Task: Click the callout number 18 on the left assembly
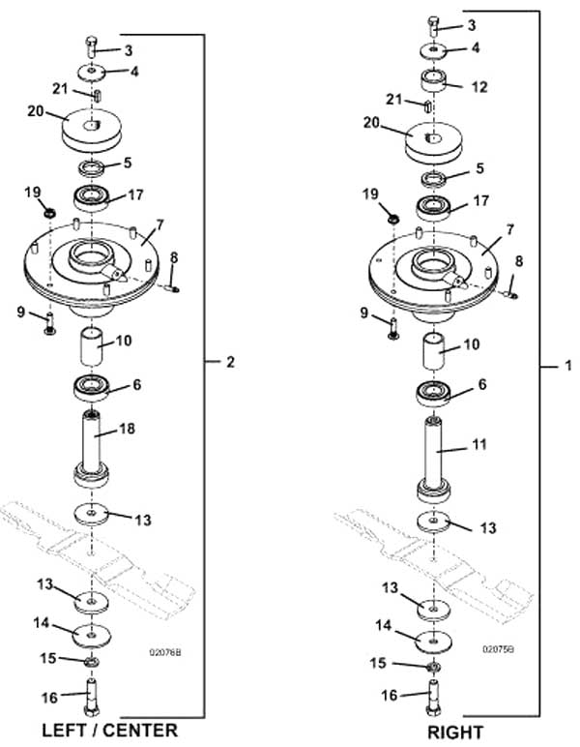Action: [x=127, y=429]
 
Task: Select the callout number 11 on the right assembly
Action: [x=479, y=444]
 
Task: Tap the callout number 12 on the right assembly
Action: [x=479, y=87]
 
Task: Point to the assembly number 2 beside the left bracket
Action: [x=230, y=362]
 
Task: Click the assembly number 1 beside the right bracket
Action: [x=567, y=366]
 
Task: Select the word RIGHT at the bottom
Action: [x=455, y=732]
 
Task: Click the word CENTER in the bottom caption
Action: [x=140, y=731]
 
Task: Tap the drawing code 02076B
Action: [x=165, y=652]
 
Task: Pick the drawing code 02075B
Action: [x=498, y=649]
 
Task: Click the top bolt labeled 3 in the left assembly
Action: [x=92, y=46]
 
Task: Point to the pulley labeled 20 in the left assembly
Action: [x=92, y=130]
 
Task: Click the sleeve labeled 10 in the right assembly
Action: [x=434, y=351]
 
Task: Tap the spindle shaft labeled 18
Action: [x=92, y=448]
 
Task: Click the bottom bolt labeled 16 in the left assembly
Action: [x=92, y=697]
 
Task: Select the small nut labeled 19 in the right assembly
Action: [x=393, y=220]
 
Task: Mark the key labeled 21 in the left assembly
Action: [x=98, y=95]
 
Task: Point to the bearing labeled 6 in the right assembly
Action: [x=433, y=394]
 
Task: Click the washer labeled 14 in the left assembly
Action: [x=92, y=635]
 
